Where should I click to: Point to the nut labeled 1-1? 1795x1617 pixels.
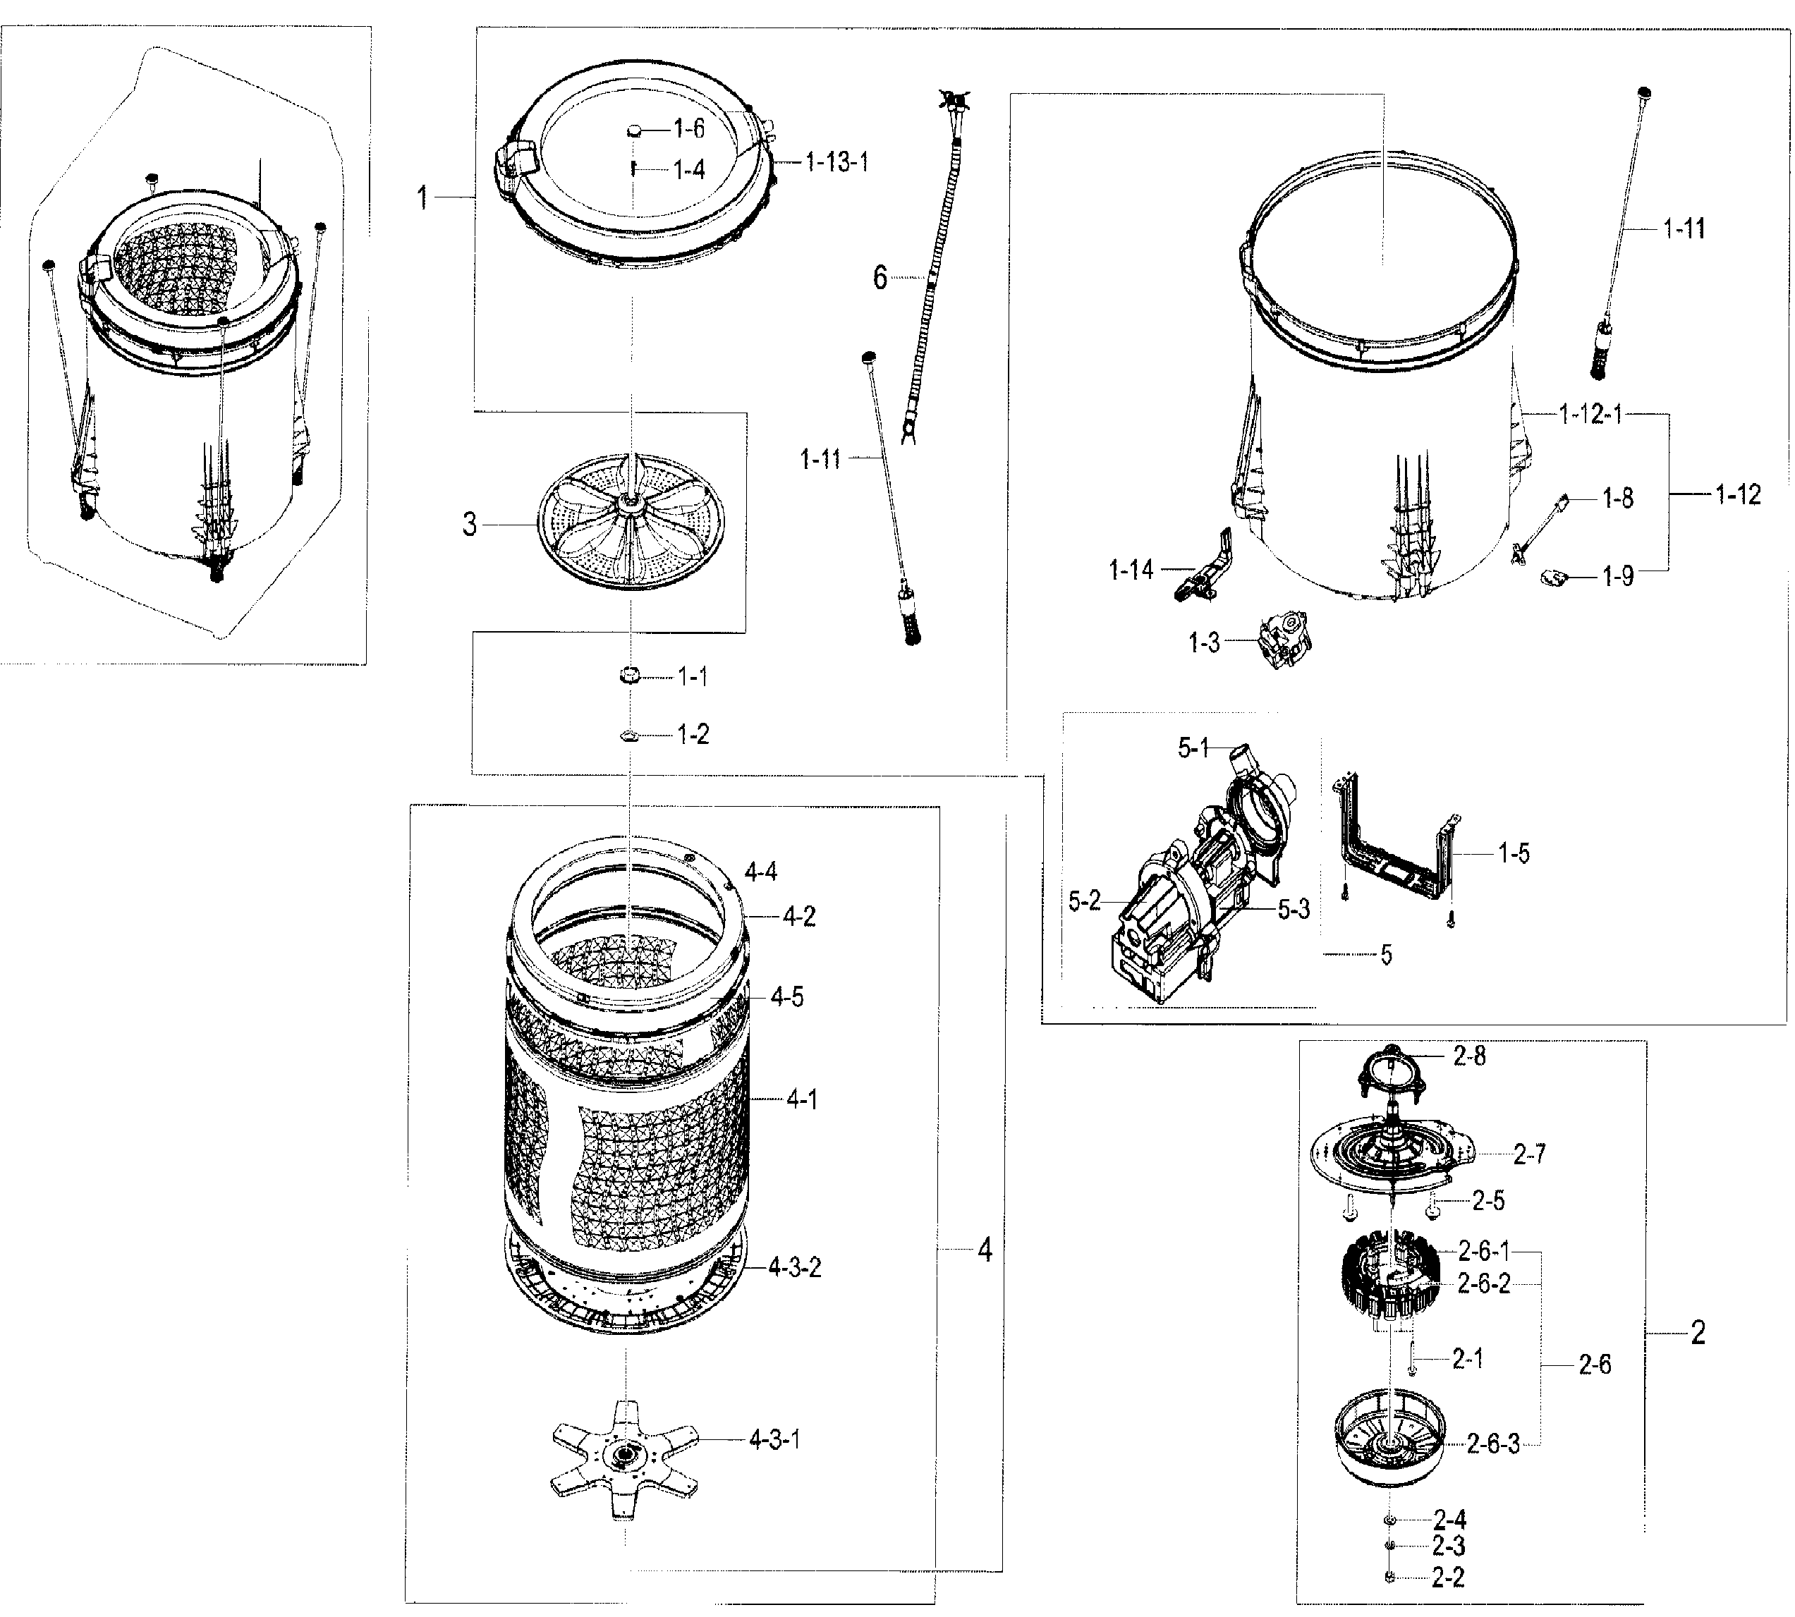point(630,676)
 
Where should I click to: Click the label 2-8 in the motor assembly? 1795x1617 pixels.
point(1470,1056)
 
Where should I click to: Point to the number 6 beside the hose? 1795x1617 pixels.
point(880,278)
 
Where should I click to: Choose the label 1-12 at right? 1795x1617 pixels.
point(1737,495)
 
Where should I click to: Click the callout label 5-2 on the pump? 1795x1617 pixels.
point(1083,902)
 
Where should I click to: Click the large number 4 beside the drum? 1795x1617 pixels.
point(985,1250)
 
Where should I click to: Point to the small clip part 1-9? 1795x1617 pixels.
point(1552,578)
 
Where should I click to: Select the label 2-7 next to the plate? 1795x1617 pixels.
point(1529,1154)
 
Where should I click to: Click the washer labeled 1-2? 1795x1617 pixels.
point(630,735)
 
